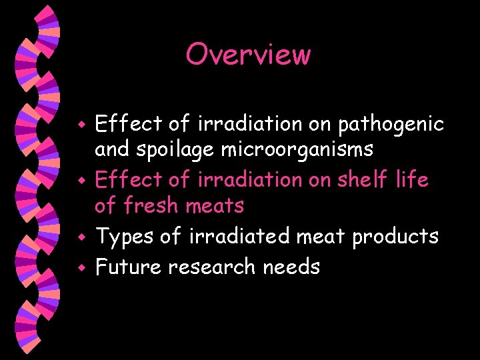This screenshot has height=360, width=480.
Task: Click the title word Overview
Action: pyautogui.click(x=248, y=54)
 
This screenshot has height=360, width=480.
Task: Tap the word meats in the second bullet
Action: pyautogui.click(x=213, y=205)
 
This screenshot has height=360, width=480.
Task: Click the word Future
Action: pyautogui.click(x=129, y=267)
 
